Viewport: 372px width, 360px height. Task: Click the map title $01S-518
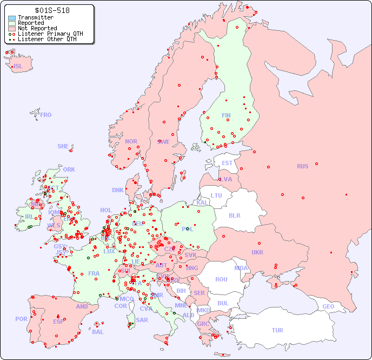click(x=52, y=10)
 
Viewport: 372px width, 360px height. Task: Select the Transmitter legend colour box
click(x=12, y=18)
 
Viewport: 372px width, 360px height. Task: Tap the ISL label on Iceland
click(x=18, y=67)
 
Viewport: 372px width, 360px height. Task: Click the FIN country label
click(x=226, y=115)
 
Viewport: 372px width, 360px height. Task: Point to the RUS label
click(x=302, y=166)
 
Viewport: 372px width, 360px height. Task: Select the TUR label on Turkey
click(x=277, y=330)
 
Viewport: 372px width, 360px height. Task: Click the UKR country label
click(x=257, y=252)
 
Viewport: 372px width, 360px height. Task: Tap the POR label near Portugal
click(x=21, y=319)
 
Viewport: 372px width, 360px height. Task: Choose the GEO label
click(x=328, y=306)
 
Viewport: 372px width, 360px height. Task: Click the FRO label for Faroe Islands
click(x=46, y=115)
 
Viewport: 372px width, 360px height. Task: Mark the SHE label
click(x=63, y=146)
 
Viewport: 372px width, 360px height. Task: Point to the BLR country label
click(x=235, y=215)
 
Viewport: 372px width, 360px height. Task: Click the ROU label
click(x=221, y=279)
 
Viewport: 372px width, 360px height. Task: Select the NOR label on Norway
click(x=131, y=141)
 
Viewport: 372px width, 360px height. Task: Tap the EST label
click(x=227, y=163)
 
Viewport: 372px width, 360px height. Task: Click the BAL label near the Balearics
click(x=97, y=332)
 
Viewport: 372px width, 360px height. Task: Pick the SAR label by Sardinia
click(x=142, y=320)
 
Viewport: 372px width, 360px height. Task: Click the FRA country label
click(x=94, y=273)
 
